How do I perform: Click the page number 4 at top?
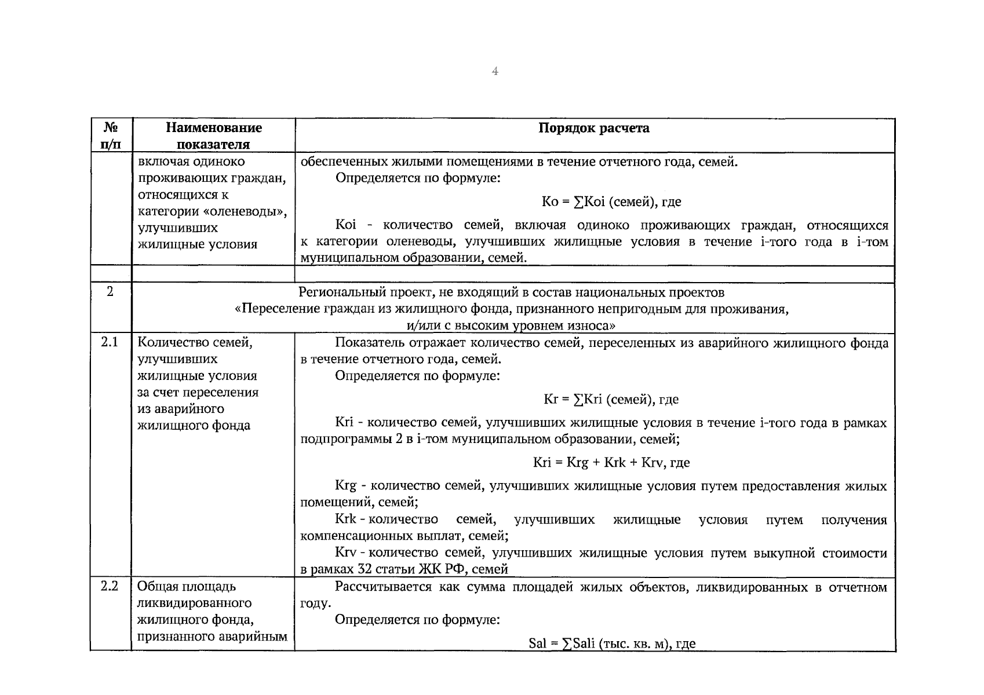click(495, 71)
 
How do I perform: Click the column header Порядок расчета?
click(594, 128)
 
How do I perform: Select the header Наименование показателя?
click(213, 136)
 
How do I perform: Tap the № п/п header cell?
click(111, 136)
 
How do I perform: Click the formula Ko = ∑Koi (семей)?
click(611, 202)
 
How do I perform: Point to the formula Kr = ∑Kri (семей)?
click(611, 399)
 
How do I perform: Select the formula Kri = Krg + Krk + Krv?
click(611, 462)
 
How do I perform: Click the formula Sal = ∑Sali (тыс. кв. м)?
click(612, 643)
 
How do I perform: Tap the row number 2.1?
click(110, 342)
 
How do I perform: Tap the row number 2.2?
click(110, 586)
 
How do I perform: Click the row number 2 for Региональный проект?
click(110, 291)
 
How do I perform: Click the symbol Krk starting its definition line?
click(346, 520)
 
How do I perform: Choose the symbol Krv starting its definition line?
click(346, 553)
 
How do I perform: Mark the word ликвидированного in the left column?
click(195, 603)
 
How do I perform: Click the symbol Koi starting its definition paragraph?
click(346, 225)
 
